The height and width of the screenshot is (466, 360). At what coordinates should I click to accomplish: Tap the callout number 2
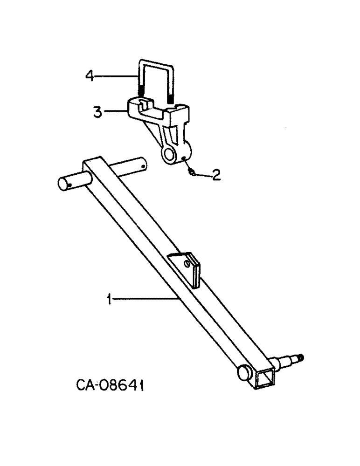pyautogui.click(x=215, y=175)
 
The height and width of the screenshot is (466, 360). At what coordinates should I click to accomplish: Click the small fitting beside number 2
pyautogui.click(x=192, y=172)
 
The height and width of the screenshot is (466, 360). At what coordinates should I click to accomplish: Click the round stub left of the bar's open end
pyautogui.click(x=243, y=371)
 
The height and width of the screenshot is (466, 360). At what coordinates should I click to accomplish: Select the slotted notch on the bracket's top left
pyautogui.click(x=144, y=103)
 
